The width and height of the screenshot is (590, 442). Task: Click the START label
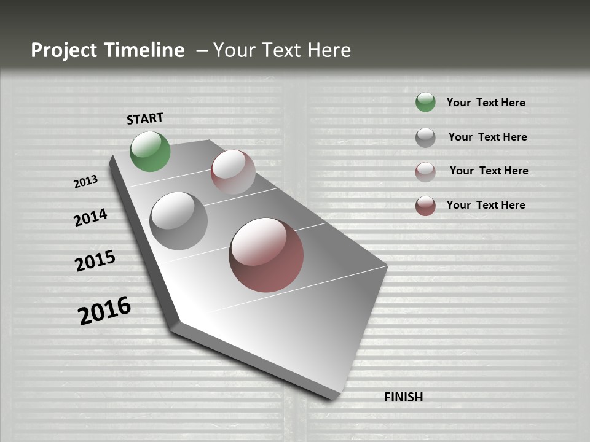click(x=145, y=118)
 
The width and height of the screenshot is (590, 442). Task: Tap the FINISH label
click(x=403, y=397)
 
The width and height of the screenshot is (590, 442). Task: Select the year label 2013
click(x=86, y=182)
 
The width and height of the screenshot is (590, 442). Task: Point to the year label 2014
click(x=91, y=217)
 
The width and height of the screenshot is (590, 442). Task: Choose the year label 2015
click(x=95, y=261)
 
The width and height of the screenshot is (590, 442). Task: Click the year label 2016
click(x=104, y=310)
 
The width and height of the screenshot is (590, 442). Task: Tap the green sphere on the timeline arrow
click(x=150, y=151)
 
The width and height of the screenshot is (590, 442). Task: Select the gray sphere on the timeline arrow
click(x=178, y=221)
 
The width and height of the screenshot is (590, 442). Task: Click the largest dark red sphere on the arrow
click(x=266, y=255)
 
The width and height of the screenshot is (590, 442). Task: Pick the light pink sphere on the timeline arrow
click(x=233, y=172)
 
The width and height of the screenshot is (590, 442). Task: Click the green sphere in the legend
click(x=425, y=102)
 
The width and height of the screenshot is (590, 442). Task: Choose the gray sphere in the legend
click(x=425, y=138)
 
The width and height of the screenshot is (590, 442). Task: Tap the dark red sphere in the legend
click(x=425, y=206)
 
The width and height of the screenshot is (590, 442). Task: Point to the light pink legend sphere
click(x=425, y=172)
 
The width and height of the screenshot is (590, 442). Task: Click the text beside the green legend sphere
click(x=486, y=103)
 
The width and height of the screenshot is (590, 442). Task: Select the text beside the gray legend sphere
click(x=487, y=137)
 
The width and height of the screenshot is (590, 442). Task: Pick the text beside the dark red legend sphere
click(x=486, y=205)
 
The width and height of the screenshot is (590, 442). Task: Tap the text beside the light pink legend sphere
click(x=489, y=171)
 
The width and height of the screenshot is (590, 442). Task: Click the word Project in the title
click(x=63, y=50)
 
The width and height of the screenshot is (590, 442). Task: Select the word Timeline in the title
click(x=145, y=50)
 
